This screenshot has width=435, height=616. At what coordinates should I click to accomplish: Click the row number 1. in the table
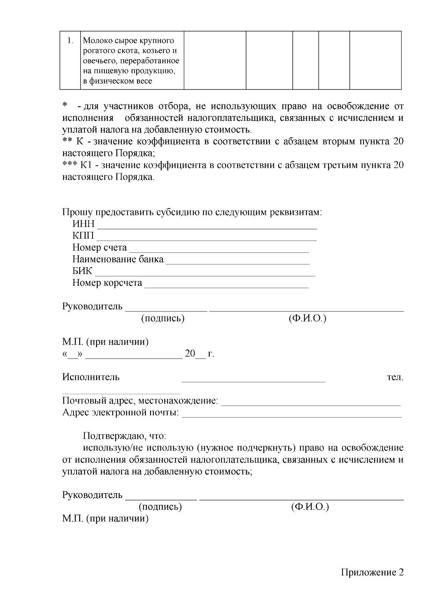point(71,41)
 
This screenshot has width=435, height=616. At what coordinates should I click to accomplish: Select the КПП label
point(83,236)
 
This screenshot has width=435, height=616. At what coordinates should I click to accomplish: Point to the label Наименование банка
point(118,260)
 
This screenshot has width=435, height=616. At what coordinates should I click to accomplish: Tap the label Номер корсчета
point(107,283)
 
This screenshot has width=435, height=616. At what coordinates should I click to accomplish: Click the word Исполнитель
point(91,377)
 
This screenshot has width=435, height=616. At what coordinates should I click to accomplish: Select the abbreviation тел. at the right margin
point(395,377)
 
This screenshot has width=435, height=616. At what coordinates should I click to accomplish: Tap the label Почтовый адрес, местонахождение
point(140,401)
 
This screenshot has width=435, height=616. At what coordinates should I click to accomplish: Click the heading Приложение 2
point(372,573)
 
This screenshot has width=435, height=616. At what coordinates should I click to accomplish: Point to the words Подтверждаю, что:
point(124,436)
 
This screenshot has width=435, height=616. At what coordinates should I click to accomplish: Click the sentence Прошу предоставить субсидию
point(192,212)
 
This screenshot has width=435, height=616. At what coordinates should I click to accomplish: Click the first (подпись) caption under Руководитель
point(163,319)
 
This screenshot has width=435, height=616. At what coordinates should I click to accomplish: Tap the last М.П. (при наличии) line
point(105,519)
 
